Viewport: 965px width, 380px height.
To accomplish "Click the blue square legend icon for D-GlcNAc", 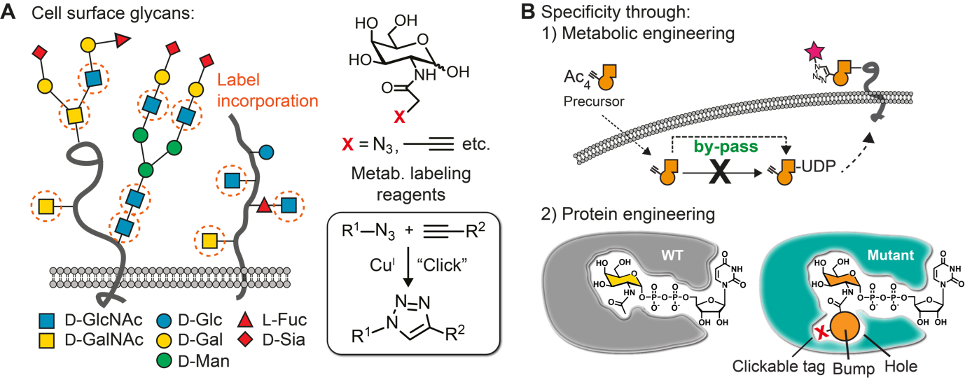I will (x=46, y=321).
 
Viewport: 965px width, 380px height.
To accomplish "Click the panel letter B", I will (x=528, y=13).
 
